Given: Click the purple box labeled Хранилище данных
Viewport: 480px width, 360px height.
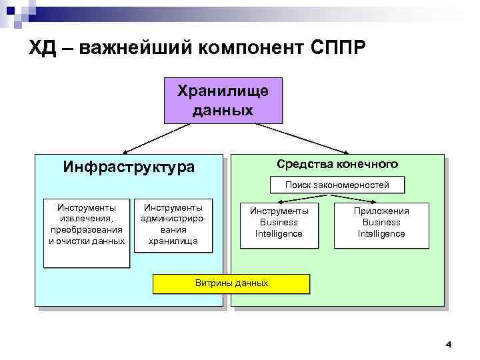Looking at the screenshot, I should (223, 100).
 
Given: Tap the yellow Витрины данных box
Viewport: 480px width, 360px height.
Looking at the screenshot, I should (231, 283).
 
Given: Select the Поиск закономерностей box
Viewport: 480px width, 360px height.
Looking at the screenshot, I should (336, 185).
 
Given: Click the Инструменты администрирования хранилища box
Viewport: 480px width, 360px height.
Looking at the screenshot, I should (173, 225).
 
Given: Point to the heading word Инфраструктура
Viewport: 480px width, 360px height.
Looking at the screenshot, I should (129, 167).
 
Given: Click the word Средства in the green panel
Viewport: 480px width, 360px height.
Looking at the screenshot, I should (305, 164).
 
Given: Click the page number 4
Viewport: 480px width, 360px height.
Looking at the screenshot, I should (448, 345).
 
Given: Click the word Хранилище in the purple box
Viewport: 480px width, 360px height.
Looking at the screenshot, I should (223, 91).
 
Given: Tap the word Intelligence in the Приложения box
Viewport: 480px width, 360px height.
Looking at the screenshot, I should (381, 234).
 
